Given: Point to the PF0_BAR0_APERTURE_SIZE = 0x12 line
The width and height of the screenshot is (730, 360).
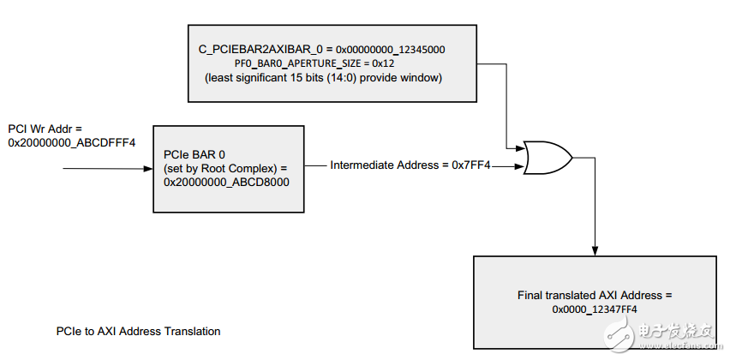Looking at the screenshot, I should pos(328,63).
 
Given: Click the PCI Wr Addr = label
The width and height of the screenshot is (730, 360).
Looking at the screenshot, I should pos(46,129).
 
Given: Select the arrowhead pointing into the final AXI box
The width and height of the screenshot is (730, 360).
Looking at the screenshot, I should pos(594,249).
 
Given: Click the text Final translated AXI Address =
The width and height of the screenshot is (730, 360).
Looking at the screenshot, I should pos(595,295).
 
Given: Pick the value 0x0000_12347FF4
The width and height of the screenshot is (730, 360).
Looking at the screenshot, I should pos(595,309).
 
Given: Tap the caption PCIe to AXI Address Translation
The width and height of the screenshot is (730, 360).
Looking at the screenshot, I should pos(138,331).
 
